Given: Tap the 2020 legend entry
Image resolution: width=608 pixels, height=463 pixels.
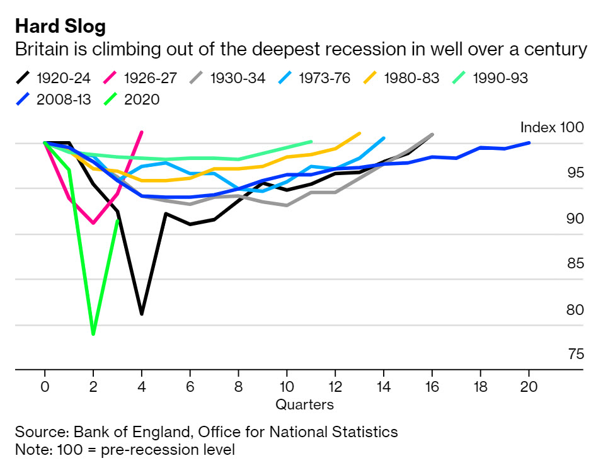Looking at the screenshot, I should (133, 99).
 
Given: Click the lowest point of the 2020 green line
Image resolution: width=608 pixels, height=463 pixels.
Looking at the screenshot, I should (93, 334).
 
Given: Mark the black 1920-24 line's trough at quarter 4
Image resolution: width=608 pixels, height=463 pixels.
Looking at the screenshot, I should (142, 314).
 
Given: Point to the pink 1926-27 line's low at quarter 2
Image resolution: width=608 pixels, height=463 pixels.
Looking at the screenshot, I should (93, 223).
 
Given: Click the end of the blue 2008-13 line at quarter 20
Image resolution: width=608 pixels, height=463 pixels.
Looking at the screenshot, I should (529, 143).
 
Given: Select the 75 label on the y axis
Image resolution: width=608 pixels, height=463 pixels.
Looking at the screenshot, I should (576, 355).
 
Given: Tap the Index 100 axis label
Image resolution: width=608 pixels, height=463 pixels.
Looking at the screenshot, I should (552, 127).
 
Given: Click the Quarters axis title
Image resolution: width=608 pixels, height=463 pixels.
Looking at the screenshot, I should (304, 404).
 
